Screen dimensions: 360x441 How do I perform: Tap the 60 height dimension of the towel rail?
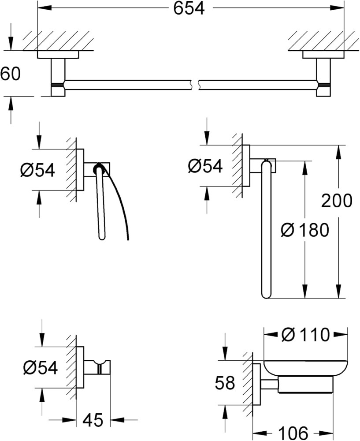[11, 74]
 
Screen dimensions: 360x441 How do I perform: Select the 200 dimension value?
[336, 201]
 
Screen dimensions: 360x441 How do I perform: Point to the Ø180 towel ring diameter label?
[304, 230]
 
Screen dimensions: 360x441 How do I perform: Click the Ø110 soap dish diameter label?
[305, 335]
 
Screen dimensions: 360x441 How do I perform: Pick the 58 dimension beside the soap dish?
[225, 383]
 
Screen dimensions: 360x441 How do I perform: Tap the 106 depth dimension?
[293, 434]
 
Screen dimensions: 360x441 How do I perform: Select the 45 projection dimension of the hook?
[93, 420]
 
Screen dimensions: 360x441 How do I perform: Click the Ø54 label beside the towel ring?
[205, 166]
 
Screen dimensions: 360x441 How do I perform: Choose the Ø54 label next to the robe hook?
[41, 367]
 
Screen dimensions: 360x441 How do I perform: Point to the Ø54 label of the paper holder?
[37, 170]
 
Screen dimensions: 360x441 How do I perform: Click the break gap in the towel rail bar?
[195, 85]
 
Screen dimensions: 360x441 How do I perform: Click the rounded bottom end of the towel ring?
[266, 294]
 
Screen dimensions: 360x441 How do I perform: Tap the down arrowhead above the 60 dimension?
[11, 45]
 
